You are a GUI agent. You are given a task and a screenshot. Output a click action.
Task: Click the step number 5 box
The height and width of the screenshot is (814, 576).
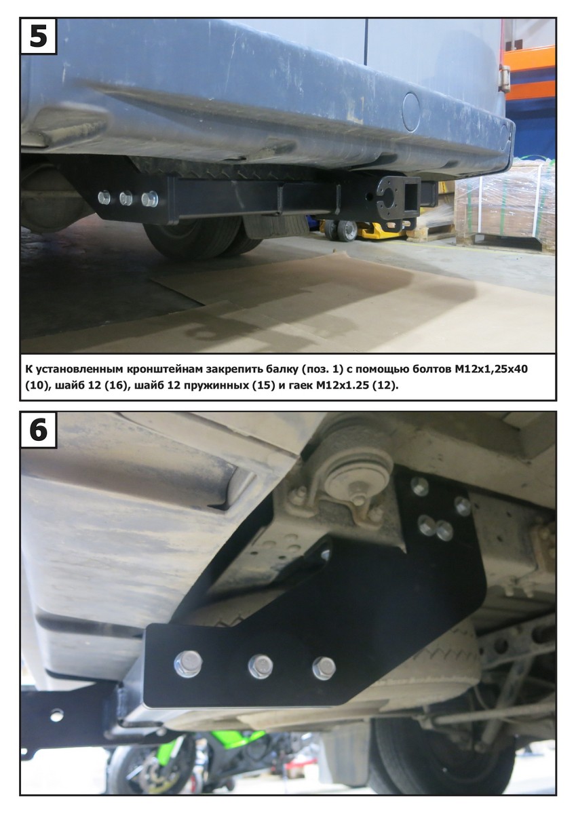click(38, 36)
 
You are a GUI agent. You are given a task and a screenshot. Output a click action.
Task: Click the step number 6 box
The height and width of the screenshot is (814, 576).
click(38, 430)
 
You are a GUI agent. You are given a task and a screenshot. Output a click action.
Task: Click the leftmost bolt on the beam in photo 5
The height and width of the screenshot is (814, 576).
click(104, 197)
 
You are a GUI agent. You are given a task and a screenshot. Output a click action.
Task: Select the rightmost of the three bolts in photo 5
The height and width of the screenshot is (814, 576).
click(150, 199)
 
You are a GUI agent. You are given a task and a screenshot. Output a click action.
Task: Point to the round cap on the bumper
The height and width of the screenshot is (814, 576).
click(412, 111)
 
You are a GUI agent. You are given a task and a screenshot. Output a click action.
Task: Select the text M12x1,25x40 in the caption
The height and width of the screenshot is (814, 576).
click(491, 369)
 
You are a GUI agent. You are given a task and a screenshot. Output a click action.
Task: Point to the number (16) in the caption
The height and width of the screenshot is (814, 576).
click(116, 385)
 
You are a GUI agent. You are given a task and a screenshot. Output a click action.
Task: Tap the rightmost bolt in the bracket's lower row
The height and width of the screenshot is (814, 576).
click(324, 668)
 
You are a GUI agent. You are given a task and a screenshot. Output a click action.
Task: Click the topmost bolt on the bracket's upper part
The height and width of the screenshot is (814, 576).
click(420, 486)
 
